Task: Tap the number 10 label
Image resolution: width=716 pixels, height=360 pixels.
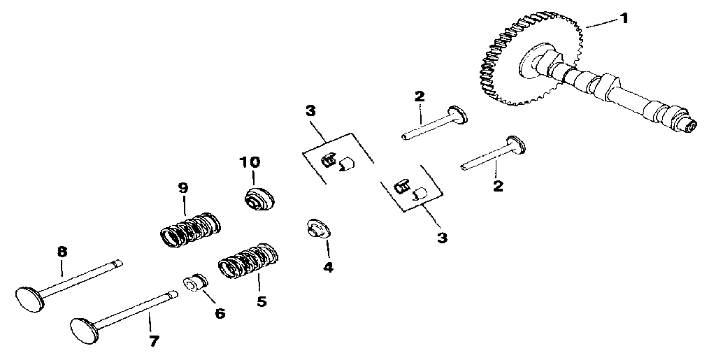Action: (250, 162)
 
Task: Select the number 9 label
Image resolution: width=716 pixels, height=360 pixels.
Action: (182, 188)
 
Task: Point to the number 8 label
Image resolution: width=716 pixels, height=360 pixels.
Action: (62, 251)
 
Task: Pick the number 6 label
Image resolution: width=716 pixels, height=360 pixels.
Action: (220, 313)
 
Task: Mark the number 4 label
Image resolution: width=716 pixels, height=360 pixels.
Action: (328, 266)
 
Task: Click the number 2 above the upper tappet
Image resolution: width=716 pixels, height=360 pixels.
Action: (420, 96)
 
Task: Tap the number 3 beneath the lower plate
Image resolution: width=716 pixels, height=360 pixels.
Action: (442, 238)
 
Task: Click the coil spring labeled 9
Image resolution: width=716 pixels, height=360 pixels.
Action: (187, 230)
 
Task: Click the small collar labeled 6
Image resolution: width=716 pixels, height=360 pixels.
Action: (195, 284)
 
